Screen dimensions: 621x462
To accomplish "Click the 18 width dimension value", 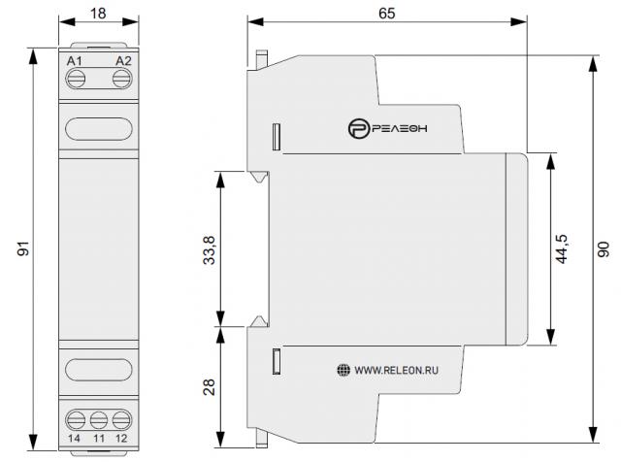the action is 98,14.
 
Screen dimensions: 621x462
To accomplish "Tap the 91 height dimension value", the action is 23,248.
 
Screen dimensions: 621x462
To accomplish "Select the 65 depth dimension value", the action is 386,14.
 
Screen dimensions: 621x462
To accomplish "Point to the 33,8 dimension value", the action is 209,250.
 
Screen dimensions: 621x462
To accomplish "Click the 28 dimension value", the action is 210,387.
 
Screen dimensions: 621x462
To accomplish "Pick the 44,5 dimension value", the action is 562,248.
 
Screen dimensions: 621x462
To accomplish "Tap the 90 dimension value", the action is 604,249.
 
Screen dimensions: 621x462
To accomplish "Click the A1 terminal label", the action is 75,61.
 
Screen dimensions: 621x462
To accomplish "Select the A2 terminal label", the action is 123,61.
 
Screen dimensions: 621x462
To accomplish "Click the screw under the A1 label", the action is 76,79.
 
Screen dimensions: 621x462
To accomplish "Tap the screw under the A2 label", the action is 122,79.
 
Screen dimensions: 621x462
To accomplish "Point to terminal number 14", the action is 74,439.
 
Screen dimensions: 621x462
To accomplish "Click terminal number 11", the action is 99,439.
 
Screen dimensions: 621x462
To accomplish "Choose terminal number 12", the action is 121,439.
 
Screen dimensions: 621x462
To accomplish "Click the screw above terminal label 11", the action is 99,420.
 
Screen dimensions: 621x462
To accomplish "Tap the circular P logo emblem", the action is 359,128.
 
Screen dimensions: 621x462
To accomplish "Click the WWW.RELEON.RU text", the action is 396,371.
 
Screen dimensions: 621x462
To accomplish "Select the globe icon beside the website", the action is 343,370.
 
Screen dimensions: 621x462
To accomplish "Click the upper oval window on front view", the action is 99,129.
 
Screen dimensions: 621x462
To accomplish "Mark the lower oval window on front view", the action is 99,369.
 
